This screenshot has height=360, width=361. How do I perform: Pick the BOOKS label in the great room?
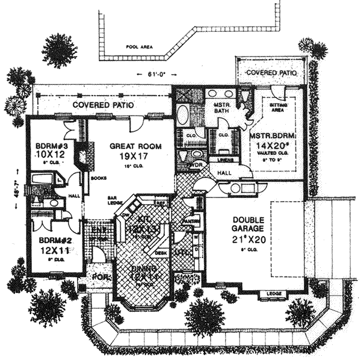(97, 178)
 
